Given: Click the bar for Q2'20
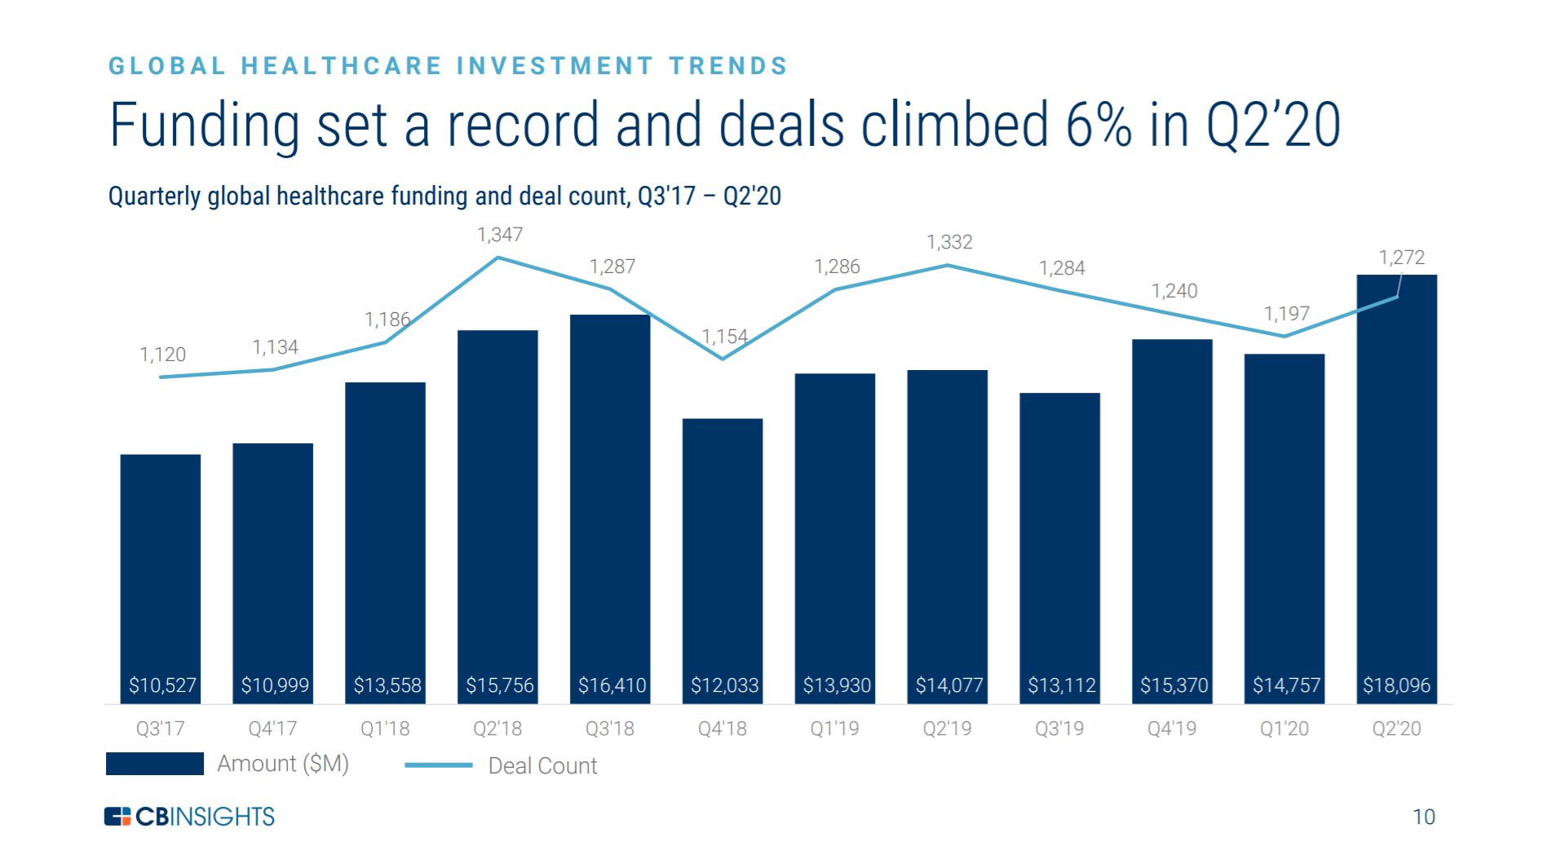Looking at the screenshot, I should [x=1396, y=489].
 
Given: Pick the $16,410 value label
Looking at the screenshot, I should [x=612, y=685].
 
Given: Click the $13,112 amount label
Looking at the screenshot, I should [x=1061, y=685].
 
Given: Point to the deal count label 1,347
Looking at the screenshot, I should [x=500, y=235].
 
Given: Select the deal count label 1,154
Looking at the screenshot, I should [x=724, y=337].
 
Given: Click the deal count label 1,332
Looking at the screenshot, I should [x=949, y=242].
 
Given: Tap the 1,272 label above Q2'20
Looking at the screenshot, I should [x=1401, y=258].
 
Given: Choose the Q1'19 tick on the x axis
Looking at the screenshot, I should [x=834, y=729].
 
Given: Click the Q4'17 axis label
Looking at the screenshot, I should [x=272, y=729].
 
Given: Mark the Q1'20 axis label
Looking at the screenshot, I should [x=1284, y=729].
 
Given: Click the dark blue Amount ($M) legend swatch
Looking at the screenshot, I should [x=155, y=764].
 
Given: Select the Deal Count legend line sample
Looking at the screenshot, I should [x=439, y=765].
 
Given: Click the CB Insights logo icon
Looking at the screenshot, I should [x=117, y=816].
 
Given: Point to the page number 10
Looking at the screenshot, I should [x=1423, y=817].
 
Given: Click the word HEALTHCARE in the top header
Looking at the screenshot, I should [x=342, y=66].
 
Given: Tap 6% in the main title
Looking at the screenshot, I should [x=1098, y=126].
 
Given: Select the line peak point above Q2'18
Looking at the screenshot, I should [x=498, y=258].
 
